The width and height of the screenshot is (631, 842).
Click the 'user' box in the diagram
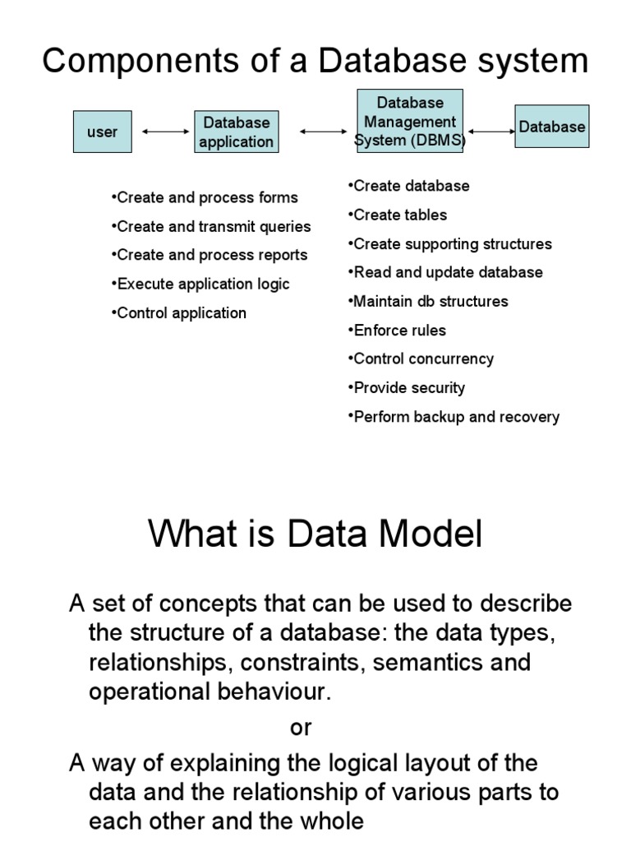pos(102,132)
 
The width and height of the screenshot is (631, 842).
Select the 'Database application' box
pos(236,132)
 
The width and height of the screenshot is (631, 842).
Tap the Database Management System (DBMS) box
pos(410,121)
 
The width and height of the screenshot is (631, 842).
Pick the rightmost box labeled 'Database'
pos(551,126)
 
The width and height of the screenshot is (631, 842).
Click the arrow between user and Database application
pos(165,131)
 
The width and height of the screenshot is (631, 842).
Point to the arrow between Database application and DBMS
pos(323,131)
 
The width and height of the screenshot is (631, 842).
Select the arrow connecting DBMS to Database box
pos(491,130)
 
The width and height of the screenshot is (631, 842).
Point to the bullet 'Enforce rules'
pos(399,330)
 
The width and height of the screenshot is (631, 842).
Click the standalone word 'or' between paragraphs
pos(302,727)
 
